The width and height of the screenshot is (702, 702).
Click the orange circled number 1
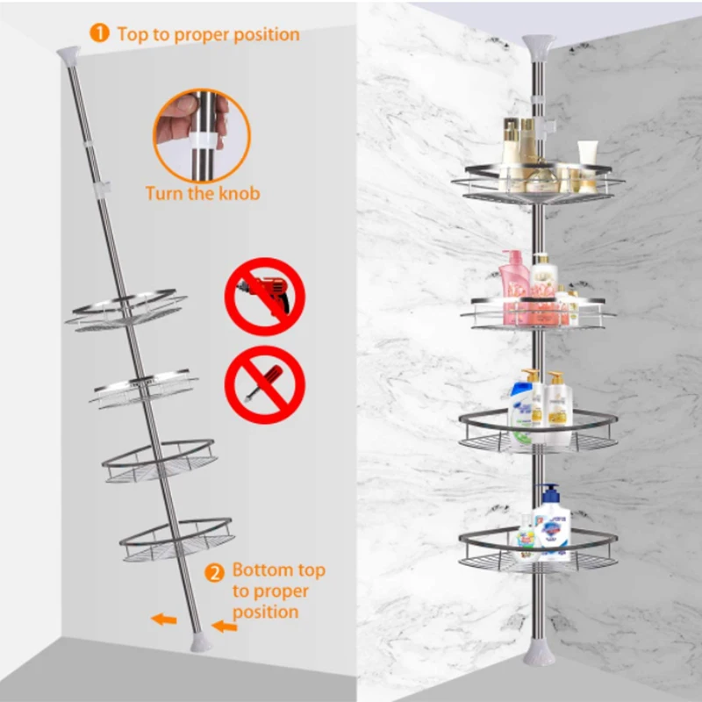point(100,33)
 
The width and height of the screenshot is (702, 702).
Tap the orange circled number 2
point(214,574)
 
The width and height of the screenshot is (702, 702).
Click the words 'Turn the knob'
point(203,193)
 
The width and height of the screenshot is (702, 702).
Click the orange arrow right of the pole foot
point(225,627)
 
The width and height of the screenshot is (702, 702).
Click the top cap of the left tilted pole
point(68,54)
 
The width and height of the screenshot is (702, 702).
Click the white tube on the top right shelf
point(587,160)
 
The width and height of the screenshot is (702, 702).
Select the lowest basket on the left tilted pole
point(175,539)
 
